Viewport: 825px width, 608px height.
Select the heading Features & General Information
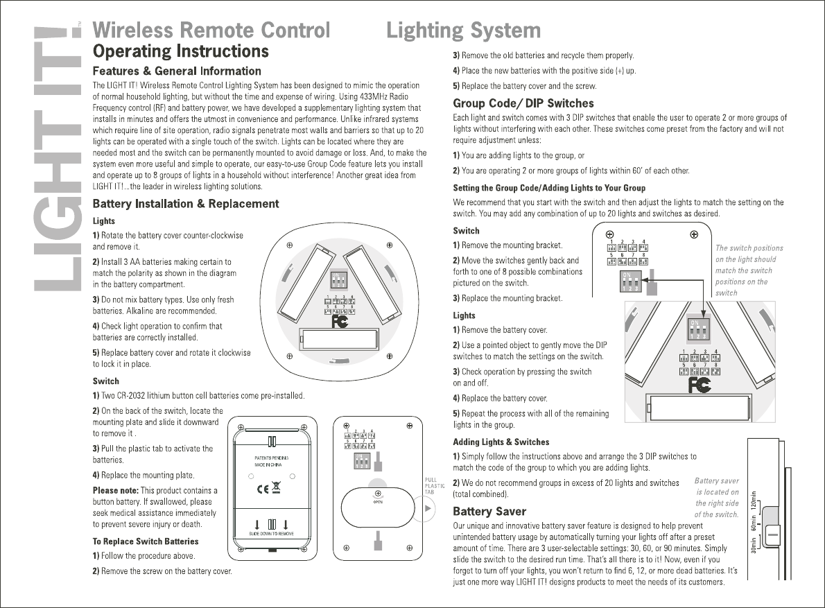pos(177,71)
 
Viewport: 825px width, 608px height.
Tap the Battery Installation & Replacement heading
pos(186,203)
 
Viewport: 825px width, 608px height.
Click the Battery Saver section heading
pos(489,512)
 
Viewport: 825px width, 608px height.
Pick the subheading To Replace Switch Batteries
pos(146,541)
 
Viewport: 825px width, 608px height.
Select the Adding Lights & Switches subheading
pos(501,442)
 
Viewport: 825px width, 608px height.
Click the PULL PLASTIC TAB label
pos(430,486)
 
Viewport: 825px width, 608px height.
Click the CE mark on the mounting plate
pos(263,487)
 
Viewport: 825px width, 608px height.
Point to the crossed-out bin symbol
pos(277,487)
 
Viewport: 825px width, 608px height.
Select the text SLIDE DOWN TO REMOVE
pos(272,534)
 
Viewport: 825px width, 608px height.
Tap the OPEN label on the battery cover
pos(378,502)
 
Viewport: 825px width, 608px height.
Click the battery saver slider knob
pos(774,535)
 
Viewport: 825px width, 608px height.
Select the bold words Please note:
pos(115,490)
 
